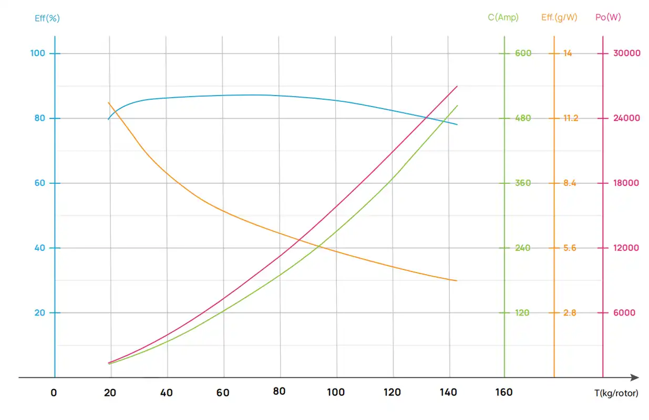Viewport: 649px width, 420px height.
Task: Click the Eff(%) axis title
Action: (x=47, y=18)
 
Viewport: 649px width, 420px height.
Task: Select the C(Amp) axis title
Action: (x=503, y=17)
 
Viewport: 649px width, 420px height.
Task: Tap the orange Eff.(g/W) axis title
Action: (x=559, y=17)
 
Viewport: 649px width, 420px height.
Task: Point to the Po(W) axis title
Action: (x=608, y=17)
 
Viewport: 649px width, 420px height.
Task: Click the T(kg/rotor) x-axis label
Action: (x=613, y=393)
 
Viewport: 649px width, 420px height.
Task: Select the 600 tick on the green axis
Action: (x=523, y=53)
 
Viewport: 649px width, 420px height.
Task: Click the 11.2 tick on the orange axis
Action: (x=570, y=118)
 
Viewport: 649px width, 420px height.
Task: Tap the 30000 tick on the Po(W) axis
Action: (x=627, y=53)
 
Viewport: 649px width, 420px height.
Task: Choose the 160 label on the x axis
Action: (x=504, y=392)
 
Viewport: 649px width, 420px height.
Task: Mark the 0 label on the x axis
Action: (x=54, y=392)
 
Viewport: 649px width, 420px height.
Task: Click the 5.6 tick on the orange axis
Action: (x=570, y=248)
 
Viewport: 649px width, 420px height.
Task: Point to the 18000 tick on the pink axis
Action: (x=626, y=183)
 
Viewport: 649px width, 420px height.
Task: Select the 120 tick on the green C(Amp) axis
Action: (x=522, y=313)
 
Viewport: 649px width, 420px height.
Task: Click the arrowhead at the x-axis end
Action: (x=635, y=377)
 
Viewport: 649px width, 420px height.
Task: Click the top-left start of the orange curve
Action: (x=108, y=102)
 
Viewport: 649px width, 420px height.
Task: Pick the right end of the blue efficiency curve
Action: (x=457, y=124)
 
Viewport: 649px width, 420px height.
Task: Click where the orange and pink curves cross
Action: (x=300, y=240)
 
